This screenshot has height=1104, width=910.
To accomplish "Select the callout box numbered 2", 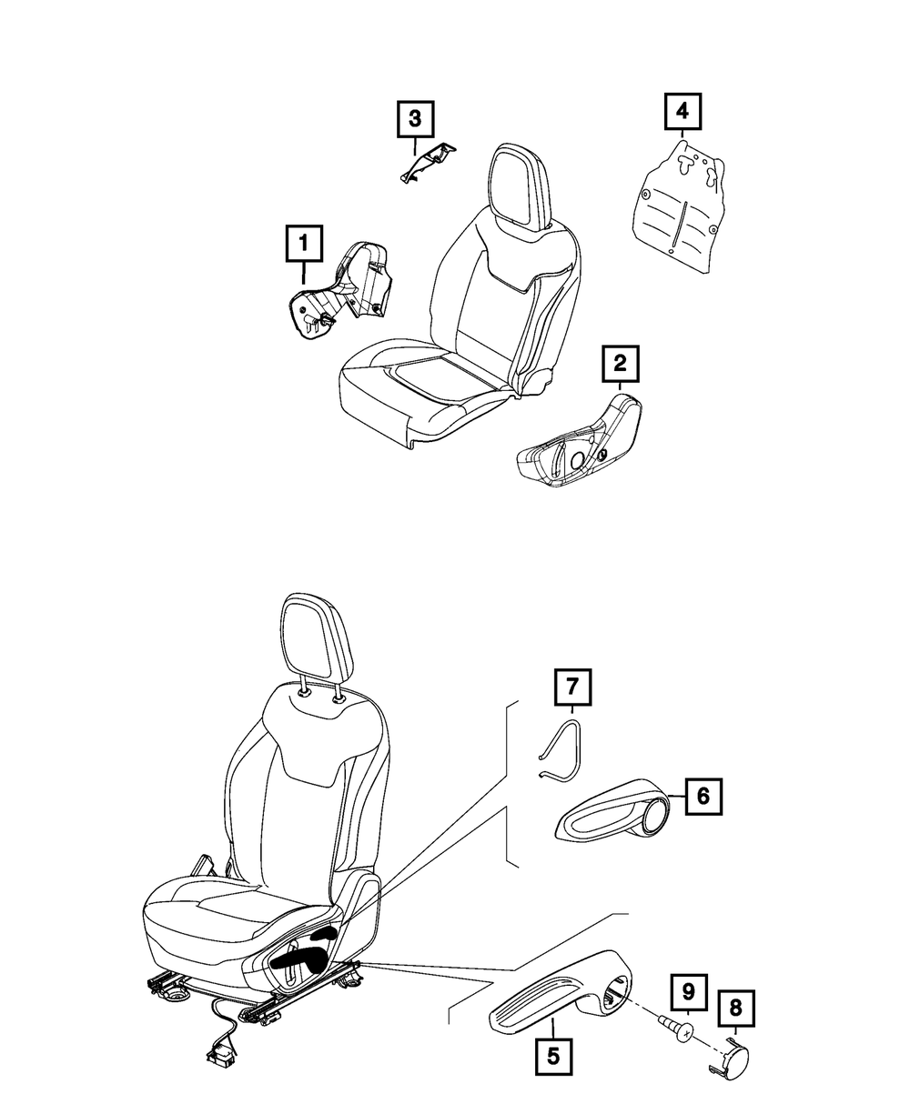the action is [620, 366].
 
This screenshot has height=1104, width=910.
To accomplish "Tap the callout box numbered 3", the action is [414, 118].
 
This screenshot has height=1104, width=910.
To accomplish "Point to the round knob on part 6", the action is [653, 815].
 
